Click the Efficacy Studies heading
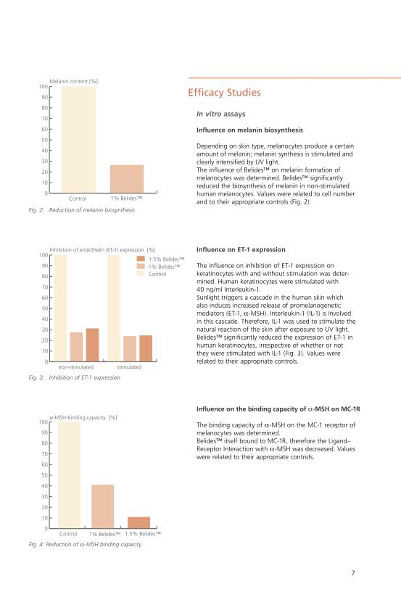(224, 93)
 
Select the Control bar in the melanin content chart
(78, 139)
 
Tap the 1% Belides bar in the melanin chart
(127, 178)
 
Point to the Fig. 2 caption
(82, 210)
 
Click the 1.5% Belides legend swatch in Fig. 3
(141, 259)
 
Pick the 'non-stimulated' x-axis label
(76, 367)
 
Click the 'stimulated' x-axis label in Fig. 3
(129, 367)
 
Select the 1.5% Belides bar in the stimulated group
(146, 348)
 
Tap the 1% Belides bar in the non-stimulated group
(76, 346)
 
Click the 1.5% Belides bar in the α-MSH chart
(139, 522)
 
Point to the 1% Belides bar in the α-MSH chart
(103, 506)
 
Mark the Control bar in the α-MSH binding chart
(69, 475)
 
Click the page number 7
(353, 572)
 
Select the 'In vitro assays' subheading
(220, 114)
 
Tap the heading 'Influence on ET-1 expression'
(241, 250)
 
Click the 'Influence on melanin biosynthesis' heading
(249, 130)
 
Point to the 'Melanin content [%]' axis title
(73, 81)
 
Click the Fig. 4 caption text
(85, 544)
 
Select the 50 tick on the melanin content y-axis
(45, 140)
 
